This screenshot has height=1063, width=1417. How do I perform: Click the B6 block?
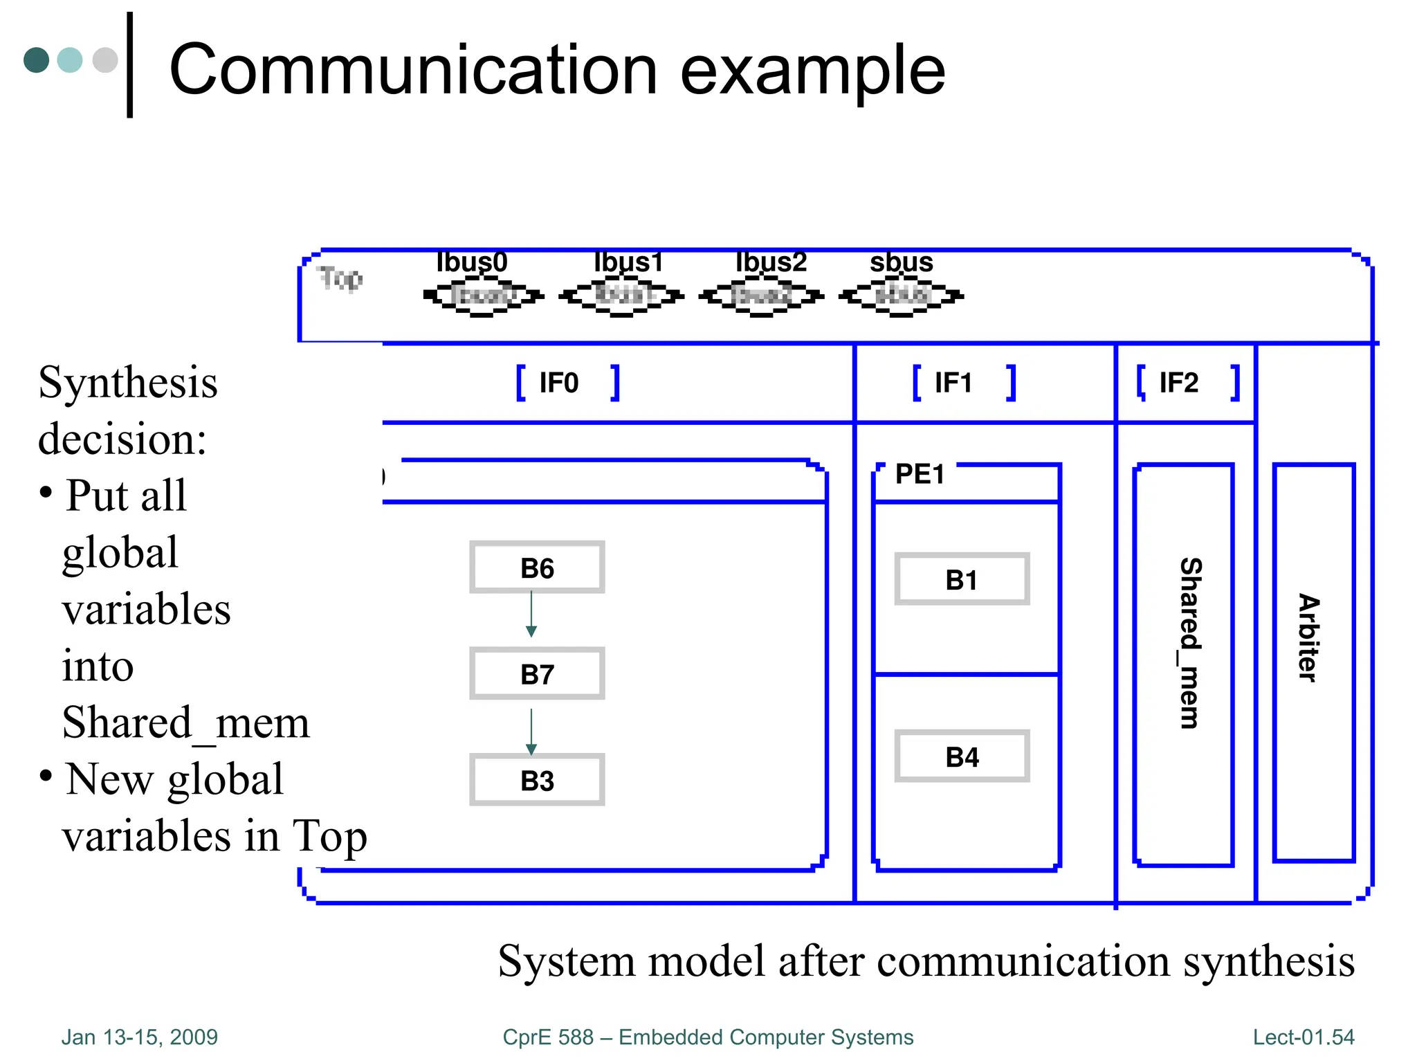[x=537, y=567]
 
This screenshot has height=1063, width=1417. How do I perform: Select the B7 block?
[x=537, y=674]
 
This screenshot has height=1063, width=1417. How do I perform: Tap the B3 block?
[x=537, y=780]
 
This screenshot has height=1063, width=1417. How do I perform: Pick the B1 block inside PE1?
[x=962, y=579]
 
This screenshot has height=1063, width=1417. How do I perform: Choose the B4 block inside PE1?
[x=962, y=756]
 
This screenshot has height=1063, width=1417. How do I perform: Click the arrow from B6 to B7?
[x=531, y=613]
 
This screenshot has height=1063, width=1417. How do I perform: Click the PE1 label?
[x=920, y=474]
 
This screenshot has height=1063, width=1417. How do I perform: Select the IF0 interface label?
[x=559, y=383]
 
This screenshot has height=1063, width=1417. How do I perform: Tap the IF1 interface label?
[x=953, y=383]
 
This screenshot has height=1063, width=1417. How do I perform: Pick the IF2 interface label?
[x=1179, y=383]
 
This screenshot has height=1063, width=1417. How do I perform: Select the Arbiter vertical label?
[x=1308, y=638]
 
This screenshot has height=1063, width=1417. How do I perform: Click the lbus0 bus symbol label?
[x=472, y=262]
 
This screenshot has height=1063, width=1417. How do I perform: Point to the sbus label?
[x=901, y=262]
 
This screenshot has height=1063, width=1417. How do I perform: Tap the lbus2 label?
[x=771, y=262]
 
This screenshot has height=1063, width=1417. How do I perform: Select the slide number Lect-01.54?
[x=1303, y=1037]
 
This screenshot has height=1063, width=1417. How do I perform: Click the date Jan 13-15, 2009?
[x=140, y=1037]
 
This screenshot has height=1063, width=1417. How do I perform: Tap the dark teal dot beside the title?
[x=37, y=60]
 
